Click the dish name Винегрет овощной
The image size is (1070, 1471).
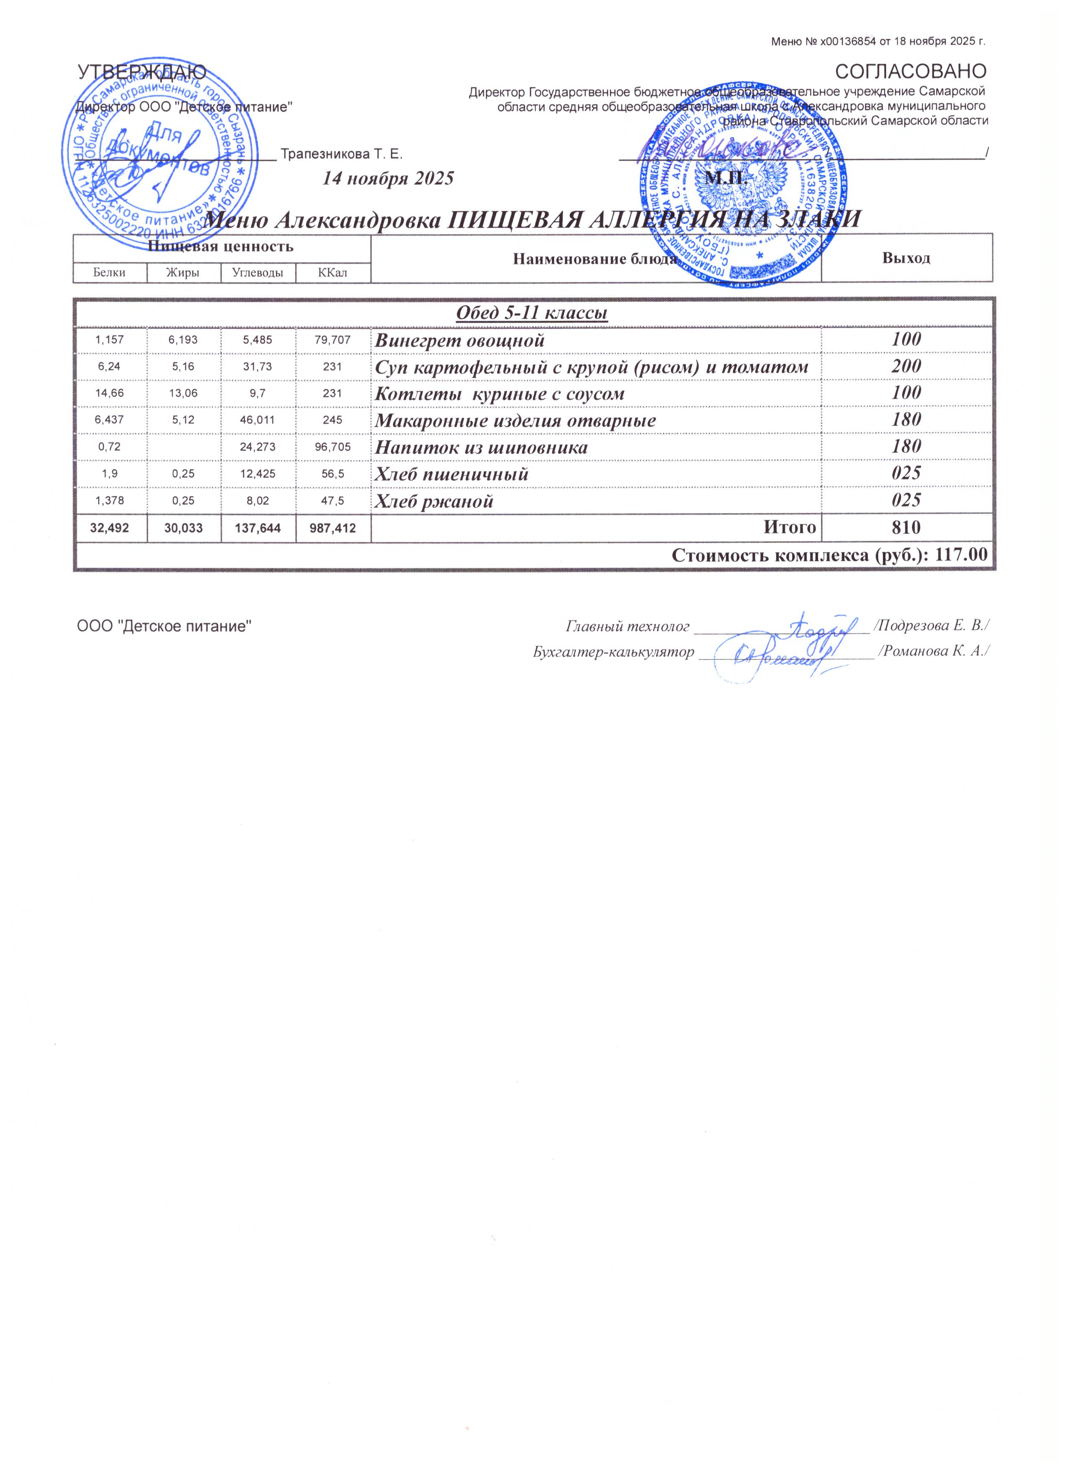[460, 340]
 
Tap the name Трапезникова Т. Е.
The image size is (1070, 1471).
[342, 155]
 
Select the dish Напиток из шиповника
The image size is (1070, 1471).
[482, 448]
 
